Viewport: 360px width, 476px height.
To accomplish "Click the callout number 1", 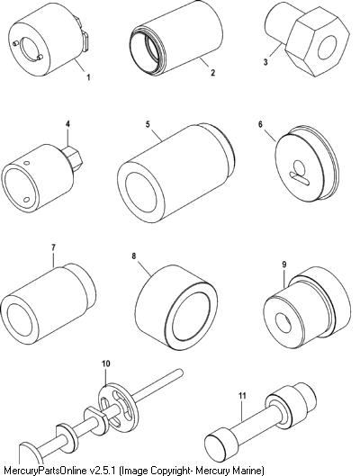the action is point(88,77).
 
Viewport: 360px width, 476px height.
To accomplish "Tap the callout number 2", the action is point(212,73).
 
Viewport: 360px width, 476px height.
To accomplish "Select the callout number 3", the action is point(265,62).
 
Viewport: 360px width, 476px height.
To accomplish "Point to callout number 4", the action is point(67,124).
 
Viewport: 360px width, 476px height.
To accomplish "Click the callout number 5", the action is point(148,124).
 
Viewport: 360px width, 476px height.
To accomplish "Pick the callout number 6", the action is point(260,124).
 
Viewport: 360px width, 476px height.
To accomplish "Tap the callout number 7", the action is point(53,247).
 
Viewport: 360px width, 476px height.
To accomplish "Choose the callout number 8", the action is point(134,256).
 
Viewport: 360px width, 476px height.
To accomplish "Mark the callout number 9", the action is point(284,265).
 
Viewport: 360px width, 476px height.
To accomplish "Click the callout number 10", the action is point(106,364).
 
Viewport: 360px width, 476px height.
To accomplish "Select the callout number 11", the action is point(242,396).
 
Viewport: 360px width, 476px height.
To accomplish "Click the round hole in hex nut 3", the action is point(328,48).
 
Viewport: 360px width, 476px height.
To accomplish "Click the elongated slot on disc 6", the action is point(300,178).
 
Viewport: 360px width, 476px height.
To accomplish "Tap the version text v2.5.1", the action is point(103,471).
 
